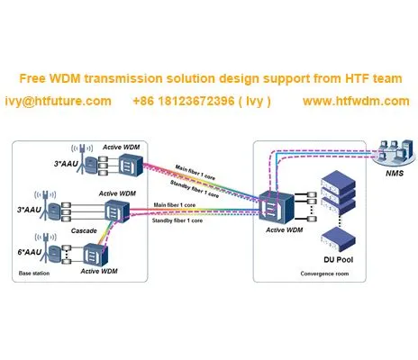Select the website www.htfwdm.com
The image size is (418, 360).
coord(356,101)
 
